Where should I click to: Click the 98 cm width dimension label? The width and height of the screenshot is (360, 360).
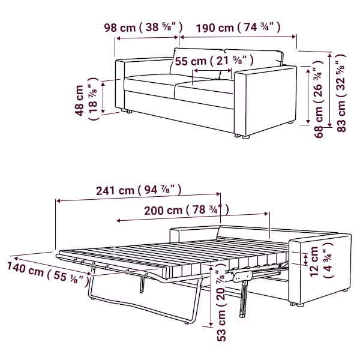(143, 28)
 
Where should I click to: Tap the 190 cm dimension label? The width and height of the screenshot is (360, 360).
(238, 28)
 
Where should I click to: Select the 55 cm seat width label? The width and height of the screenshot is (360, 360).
(214, 61)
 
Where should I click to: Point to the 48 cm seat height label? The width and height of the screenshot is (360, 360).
(86, 100)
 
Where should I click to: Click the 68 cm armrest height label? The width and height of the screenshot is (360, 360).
(319, 99)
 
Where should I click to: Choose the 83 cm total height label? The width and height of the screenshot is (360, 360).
(341, 93)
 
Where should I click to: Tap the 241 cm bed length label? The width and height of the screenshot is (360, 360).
(139, 190)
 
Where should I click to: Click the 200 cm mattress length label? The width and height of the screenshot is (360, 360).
(187, 210)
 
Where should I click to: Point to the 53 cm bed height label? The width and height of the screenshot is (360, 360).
(221, 302)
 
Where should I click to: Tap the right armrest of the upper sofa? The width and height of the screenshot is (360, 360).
(266, 100)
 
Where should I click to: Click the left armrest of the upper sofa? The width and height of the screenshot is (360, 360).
(120, 85)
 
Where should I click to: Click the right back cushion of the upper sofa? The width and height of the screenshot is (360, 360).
(254, 59)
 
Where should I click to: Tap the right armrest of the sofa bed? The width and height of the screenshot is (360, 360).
(320, 269)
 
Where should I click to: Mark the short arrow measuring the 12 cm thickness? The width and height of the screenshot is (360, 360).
(305, 259)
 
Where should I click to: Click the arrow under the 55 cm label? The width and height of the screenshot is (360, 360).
(212, 70)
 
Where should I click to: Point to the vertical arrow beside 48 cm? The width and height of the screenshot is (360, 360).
(103, 98)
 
